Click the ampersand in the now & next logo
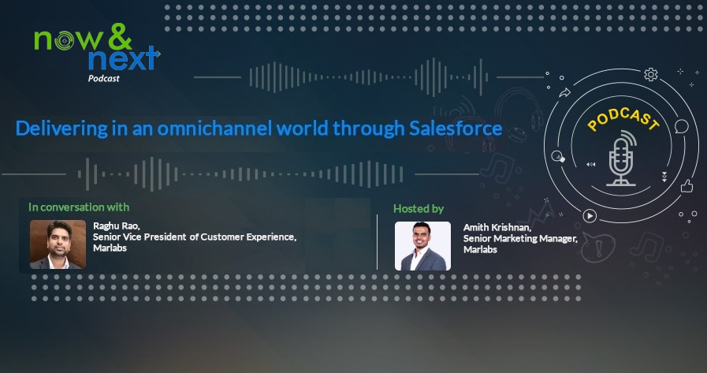pos(120,36)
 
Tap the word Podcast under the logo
pos(104,79)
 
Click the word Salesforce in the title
pos(456,128)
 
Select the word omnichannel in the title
pos(214,129)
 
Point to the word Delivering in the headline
pos(61,129)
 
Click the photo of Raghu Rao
pos(58,244)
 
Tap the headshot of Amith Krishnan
pos(422,246)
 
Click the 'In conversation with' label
pos(79,207)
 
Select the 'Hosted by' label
pos(419,208)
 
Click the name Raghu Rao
pos(117,226)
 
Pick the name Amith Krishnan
pos(497,228)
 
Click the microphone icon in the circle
pos(622,159)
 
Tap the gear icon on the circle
pos(650,74)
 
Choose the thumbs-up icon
pos(687,186)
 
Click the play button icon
pos(590,216)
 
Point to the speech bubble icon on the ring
pos(682,126)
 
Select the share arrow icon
pos(564,93)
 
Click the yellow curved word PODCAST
pos(623,118)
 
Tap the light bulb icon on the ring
pos(558,156)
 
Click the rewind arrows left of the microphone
pos(590,165)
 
